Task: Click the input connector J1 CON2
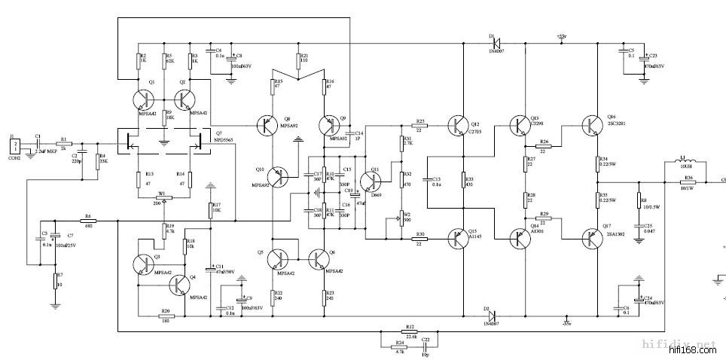[x=14, y=148]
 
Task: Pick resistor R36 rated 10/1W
[x=687, y=181]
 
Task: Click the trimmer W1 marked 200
[x=165, y=197]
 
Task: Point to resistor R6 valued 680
[x=88, y=221]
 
